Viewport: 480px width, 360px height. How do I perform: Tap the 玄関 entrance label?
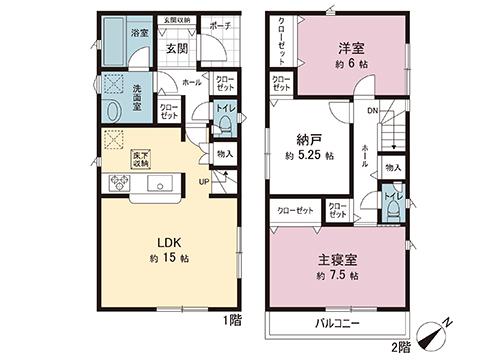tap(178, 47)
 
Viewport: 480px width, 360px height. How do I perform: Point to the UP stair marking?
tap(203, 181)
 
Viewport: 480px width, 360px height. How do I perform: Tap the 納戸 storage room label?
tap(309, 140)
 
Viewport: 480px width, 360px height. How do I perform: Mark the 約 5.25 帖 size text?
tap(309, 157)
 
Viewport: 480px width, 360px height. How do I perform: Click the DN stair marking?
tap(371, 111)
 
